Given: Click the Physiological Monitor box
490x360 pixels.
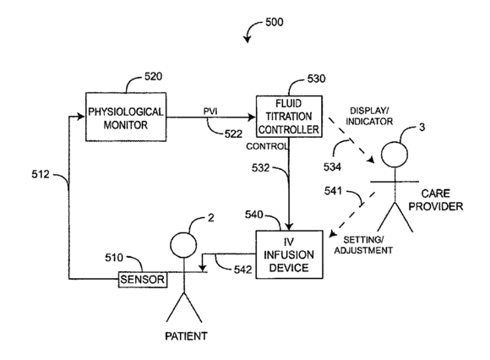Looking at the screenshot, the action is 126,117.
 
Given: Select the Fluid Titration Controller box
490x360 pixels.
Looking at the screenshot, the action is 289,117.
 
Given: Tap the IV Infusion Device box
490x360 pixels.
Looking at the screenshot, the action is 289,254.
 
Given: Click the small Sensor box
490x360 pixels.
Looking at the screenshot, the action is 143,280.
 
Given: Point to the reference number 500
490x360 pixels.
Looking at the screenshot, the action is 275,22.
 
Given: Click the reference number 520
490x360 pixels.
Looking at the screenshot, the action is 153,77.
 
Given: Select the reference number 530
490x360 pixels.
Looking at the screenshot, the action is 316,79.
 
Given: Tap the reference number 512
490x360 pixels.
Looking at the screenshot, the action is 41,174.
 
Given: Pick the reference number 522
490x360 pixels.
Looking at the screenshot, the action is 233,134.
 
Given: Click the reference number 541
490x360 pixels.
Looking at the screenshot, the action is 333,191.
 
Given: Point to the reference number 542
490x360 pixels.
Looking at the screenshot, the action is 242,270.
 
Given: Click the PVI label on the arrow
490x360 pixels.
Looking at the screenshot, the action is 210,112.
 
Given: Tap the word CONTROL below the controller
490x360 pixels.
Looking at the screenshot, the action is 267,146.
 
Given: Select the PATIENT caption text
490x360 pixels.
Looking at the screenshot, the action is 186,336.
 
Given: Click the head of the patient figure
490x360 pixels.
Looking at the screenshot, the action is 184,245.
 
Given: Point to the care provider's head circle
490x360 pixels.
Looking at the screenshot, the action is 395,155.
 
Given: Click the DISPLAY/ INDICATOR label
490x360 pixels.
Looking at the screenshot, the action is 369,116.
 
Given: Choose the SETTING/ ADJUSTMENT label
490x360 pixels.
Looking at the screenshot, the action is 363,245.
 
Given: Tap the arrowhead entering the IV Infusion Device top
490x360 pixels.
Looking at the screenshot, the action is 289,226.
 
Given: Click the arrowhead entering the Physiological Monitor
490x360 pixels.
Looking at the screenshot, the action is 82,117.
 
